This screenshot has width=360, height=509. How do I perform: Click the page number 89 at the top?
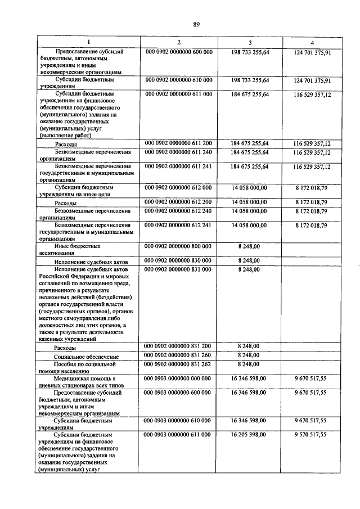point(196,24)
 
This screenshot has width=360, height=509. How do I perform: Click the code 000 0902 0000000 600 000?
point(178,52)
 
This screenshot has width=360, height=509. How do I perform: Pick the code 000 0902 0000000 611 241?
point(178,167)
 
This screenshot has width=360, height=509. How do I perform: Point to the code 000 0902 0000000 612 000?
point(178,188)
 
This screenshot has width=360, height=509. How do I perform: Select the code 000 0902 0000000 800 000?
point(178,246)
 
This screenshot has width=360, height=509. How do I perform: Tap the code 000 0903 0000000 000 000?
point(178,380)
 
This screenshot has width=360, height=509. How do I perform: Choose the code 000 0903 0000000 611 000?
point(178,435)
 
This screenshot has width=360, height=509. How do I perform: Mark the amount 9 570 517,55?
point(310,435)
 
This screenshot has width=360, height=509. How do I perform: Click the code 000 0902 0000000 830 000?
point(178,261)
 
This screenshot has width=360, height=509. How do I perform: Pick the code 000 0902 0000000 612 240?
point(178,211)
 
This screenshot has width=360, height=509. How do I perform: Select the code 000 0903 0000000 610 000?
point(178,421)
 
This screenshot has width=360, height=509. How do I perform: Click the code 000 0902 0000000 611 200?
point(178,144)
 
